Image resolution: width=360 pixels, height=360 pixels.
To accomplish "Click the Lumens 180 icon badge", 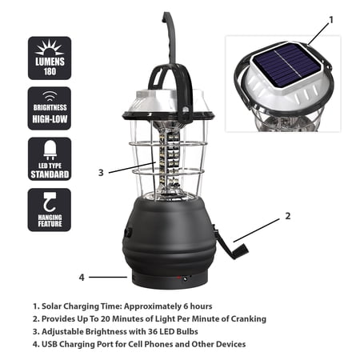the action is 50,58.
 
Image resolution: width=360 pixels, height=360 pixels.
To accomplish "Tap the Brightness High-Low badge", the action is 50,108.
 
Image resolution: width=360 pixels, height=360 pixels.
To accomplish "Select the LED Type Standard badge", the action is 50,159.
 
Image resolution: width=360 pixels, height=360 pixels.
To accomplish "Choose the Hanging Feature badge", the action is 50,210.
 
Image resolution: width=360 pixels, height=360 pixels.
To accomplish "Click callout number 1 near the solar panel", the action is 331,20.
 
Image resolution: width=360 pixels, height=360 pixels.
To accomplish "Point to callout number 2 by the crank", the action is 288,216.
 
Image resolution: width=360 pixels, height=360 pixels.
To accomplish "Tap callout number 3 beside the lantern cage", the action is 101,173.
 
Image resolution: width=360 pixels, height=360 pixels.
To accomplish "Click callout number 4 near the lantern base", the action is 82,278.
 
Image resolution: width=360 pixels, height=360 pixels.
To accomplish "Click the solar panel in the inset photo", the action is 286,65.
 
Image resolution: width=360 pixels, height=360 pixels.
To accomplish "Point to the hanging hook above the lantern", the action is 170,40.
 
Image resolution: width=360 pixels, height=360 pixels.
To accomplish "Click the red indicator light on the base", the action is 178,278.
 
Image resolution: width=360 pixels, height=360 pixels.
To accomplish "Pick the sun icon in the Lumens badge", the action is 50,47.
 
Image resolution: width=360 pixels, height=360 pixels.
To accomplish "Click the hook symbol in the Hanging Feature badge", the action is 50,202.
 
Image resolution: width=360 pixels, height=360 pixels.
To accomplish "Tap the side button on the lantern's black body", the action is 129,233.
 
